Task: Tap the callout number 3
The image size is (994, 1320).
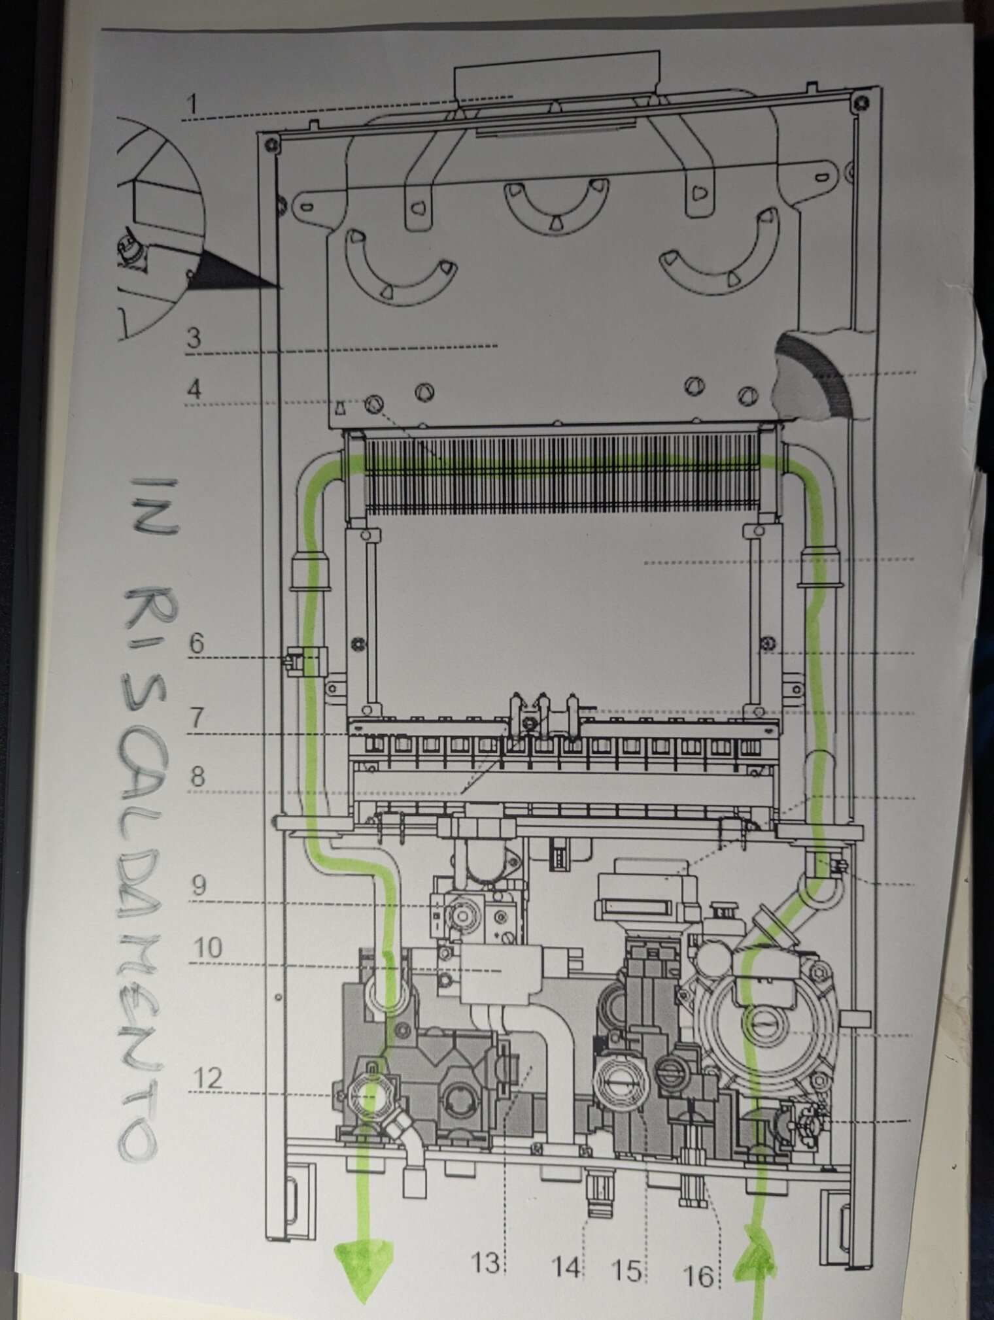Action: [x=194, y=339]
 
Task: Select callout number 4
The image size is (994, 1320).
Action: [x=194, y=390]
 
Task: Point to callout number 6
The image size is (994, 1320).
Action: [x=196, y=643]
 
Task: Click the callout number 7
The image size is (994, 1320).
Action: [x=197, y=720]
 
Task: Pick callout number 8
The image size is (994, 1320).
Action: [x=197, y=777]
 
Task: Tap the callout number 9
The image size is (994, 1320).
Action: [x=199, y=886]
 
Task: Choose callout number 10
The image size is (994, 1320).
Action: [x=208, y=948]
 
